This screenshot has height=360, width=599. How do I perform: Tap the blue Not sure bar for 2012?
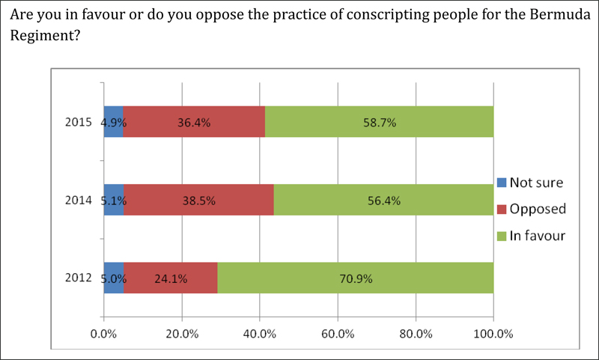(114, 278)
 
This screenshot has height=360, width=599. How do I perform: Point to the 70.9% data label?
(355, 279)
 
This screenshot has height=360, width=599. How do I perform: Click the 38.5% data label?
(198, 201)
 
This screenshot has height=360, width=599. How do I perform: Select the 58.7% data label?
(379, 122)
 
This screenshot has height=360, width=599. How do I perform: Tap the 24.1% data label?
(171, 279)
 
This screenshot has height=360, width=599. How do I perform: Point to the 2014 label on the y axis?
(79, 200)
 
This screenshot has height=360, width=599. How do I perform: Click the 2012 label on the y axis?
(79, 278)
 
